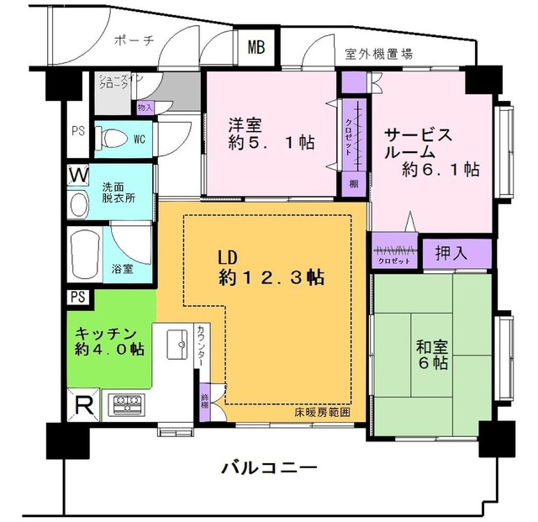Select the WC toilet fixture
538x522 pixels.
pyautogui.click(x=110, y=138)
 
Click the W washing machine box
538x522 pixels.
pyautogui.click(x=78, y=175)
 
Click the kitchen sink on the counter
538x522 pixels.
pyautogui.click(x=179, y=344)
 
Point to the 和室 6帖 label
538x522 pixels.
pyautogui.click(x=430, y=355)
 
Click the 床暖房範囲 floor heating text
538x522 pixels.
pyautogui.click(x=321, y=414)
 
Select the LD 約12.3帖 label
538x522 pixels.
pyautogui.click(x=268, y=267)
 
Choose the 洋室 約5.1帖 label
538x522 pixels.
pyautogui.click(x=271, y=134)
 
